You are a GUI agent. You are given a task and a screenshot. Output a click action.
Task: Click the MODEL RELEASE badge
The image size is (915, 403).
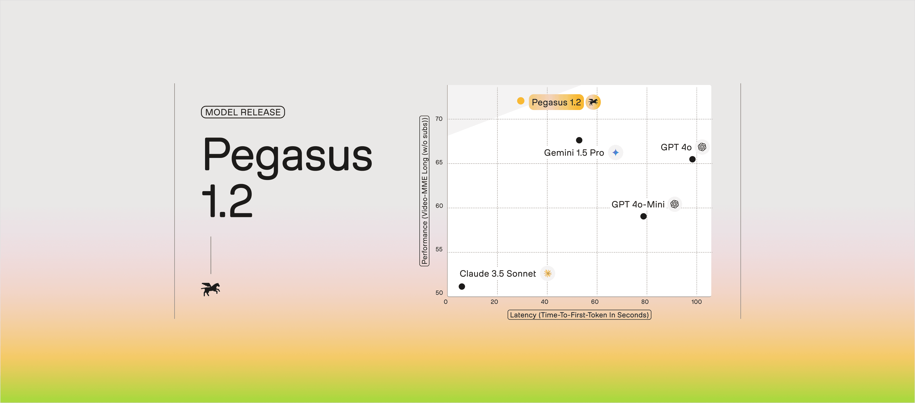tap(243, 112)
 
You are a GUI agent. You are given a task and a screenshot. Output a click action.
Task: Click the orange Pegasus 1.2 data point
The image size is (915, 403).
tap(521, 101)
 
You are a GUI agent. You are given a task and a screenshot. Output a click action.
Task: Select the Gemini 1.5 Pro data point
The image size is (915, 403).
tap(579, 140)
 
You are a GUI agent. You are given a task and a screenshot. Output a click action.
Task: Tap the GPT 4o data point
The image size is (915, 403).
tap(692, 159)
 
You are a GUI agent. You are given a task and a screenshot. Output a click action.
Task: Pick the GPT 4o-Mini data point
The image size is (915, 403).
tap(643, 216)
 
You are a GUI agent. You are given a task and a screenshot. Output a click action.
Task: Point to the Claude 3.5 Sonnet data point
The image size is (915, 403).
tap(462, 286)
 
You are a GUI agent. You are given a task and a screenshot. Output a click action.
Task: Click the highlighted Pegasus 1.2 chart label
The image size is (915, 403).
tap(556, 102)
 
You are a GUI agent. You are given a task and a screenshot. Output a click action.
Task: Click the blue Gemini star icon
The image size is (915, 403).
tap(615, 153)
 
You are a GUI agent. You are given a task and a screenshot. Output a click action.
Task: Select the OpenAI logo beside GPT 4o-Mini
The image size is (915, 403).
tap(675, 204)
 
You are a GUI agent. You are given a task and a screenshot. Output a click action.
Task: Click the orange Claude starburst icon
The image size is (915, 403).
tap(547, 273)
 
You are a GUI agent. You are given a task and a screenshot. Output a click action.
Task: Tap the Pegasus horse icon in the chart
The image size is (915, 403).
tap(593, 102)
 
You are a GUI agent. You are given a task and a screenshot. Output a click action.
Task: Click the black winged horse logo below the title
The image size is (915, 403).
tap(211, 289)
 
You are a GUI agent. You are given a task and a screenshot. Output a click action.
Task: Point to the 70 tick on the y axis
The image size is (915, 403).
tap(439, 119)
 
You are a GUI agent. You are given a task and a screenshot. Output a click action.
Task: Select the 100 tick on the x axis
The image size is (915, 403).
tap(696, 302)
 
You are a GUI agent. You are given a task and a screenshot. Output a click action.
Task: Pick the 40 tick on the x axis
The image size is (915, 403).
tap(545, 302)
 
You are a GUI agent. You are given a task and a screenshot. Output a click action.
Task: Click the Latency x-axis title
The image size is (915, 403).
tap(579, 315)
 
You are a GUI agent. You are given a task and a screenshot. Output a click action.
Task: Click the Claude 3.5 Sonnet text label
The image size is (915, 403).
tap(498, 274)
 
